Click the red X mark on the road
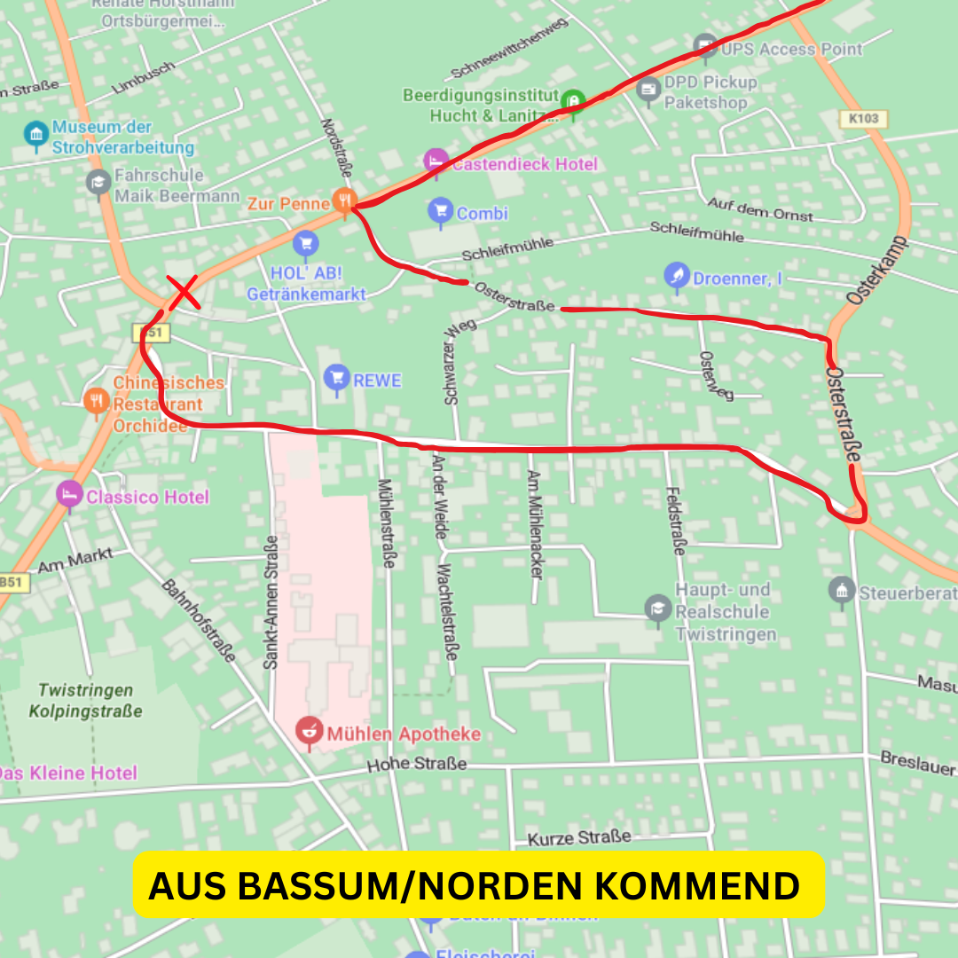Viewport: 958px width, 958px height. (185, 293)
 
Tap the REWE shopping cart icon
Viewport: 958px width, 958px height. (335, 378)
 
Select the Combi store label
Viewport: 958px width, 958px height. (482, 213)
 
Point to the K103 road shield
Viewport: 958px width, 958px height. (861, 118)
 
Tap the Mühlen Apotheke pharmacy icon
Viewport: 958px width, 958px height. (309, 732)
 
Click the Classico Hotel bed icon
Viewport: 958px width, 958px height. (68, 495)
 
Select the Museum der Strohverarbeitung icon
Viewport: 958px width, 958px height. (35, 134)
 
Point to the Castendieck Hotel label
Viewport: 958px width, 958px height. (524, 164)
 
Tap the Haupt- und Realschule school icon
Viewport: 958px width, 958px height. (657, 607)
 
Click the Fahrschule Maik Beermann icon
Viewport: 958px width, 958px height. (98, 183)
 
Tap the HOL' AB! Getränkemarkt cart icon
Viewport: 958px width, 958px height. (306, 241)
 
